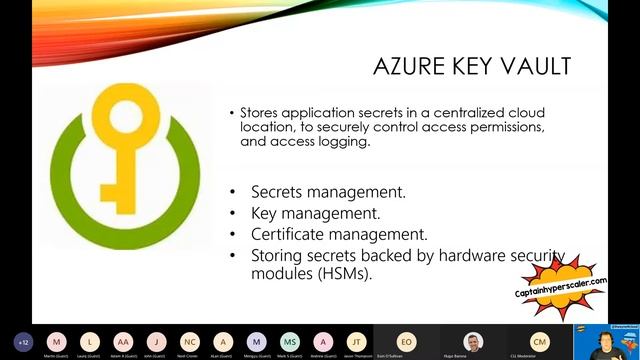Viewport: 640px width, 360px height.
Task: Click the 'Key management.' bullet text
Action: click(x=300, y=213)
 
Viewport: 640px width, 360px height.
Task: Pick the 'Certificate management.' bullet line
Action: click(x=325, y=235)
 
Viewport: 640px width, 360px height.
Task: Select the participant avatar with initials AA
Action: click(x=123, y=341)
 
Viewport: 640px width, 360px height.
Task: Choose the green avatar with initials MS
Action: click(x=289, y=341)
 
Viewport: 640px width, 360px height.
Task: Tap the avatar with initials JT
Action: click(x=355, y=341)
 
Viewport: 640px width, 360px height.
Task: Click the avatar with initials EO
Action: click(x=405, y=341)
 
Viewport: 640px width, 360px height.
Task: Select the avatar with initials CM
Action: click(x=539, y=341)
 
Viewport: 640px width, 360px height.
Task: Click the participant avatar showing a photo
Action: click(x=472, y=341)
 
